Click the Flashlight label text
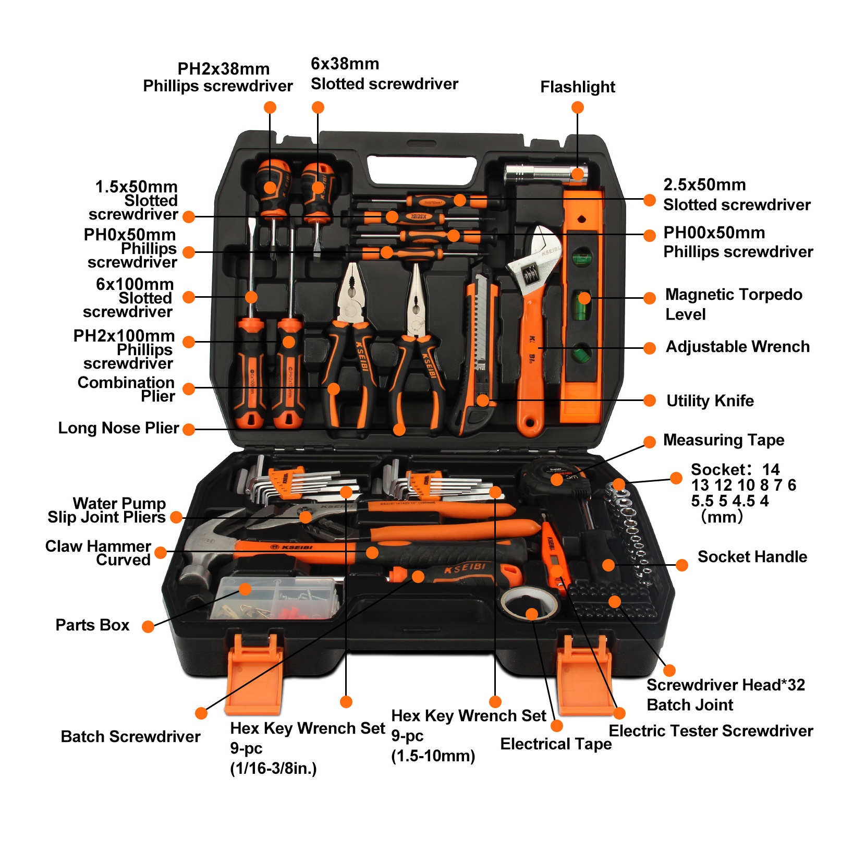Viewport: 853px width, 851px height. click(578, 87)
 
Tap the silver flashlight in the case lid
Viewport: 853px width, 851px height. click(542, 173)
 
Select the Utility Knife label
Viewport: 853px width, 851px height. click(710, 401)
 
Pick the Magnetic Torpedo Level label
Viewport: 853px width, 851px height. click(733, 304)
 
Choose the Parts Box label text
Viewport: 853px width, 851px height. click(92, 625)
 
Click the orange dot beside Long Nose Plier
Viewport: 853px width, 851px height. click(189, 430)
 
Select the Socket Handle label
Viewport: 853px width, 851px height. click(752, 557)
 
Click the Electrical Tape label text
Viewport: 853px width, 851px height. click(556, 744)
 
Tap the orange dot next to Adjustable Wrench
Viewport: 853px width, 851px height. click(650, 348)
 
